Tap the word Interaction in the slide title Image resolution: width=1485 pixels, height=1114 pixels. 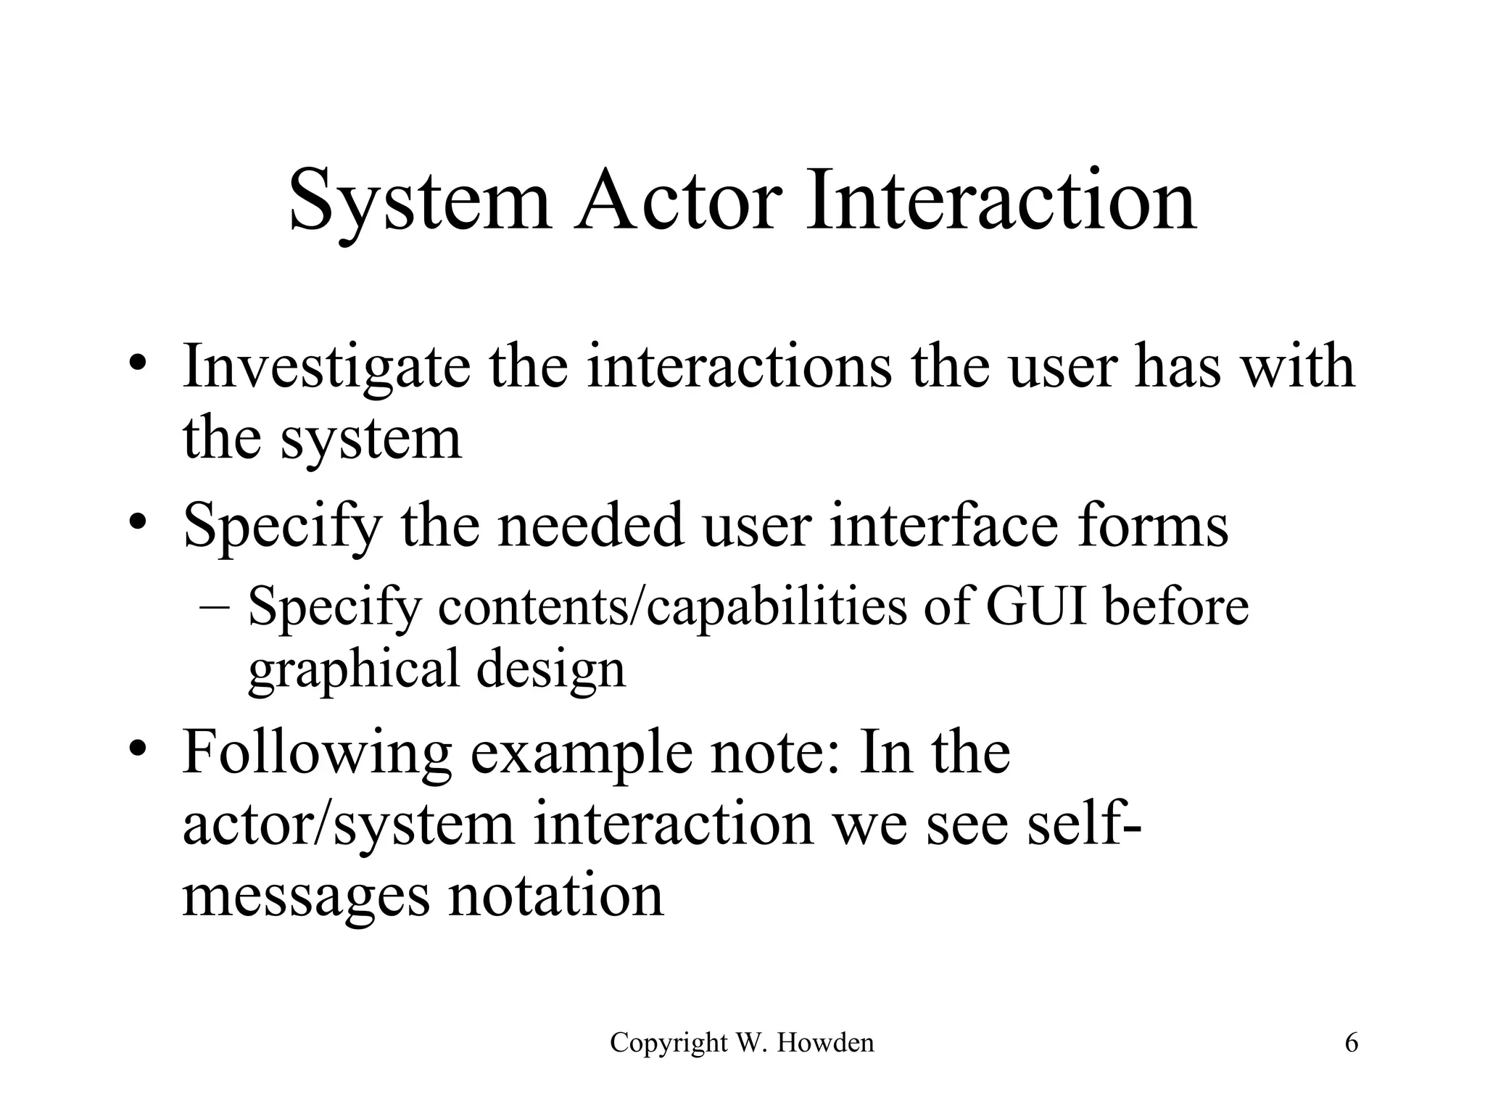(1001, 199)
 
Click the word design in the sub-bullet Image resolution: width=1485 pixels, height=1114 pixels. (551, 667)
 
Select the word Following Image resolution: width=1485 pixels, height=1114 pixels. (317, 754)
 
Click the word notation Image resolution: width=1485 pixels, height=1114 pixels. (556, 896)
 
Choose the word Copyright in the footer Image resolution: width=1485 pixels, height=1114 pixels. (669, 1043)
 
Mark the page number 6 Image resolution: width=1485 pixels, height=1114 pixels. (1352, 1043)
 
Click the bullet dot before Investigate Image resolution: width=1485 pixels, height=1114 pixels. (140, 363)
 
